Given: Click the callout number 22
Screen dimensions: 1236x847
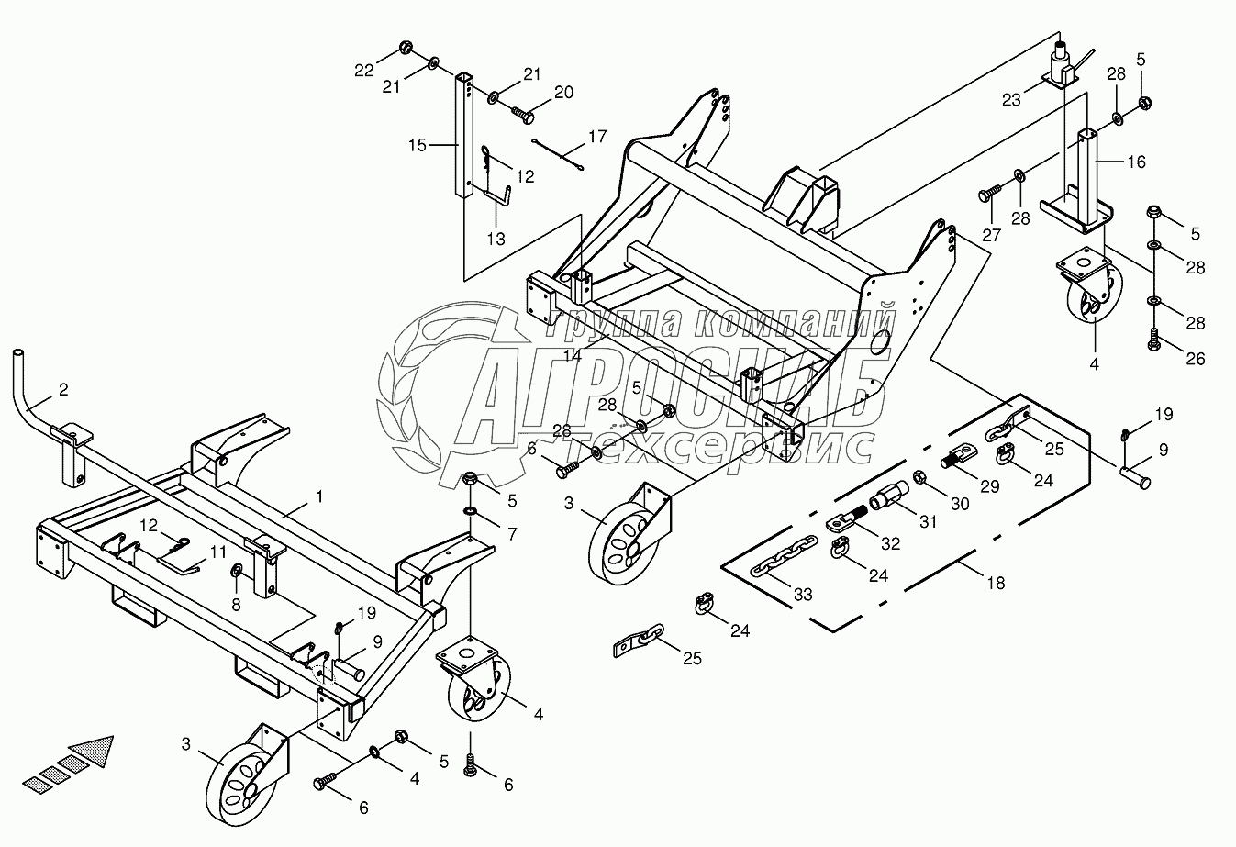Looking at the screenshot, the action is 364,69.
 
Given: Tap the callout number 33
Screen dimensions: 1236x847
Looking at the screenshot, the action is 804,595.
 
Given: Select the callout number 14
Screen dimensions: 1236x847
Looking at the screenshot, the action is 573,355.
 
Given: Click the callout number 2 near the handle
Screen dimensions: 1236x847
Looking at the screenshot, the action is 63,390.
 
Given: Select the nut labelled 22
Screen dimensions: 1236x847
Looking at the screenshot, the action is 406,49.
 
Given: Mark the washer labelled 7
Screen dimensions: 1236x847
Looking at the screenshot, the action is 469,510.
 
